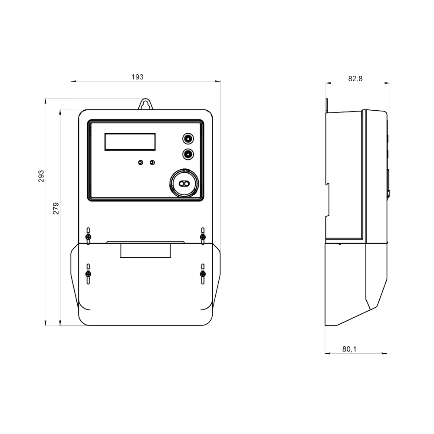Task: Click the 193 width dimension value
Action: [137, 77]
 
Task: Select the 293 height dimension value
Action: [41, 176]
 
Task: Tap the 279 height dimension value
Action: [56, 208]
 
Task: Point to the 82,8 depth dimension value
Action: [355, 79]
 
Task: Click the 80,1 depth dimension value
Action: [349, 349]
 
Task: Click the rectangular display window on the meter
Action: [130, 142]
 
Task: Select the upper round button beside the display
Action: [188, 138]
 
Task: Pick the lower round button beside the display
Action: [188, 154]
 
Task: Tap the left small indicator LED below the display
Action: [141, 162]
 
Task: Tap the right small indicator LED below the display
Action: [152, 162]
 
